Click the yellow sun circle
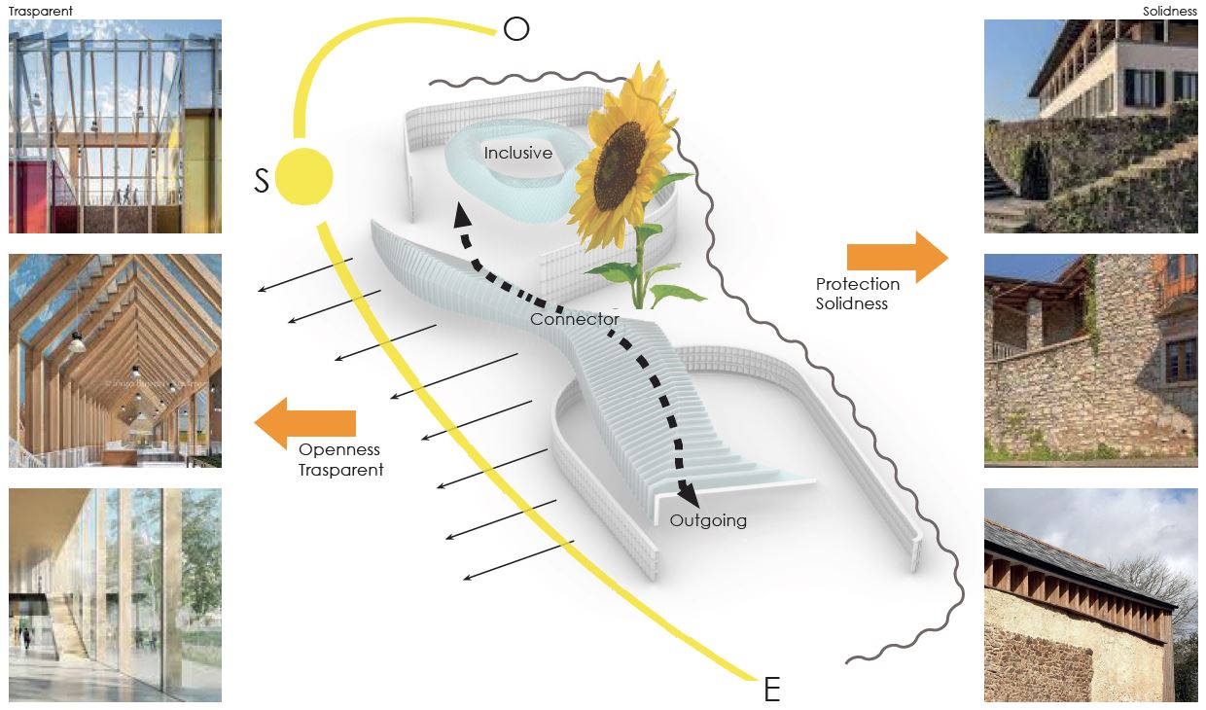click(x=304, y=177)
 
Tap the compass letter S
click(x=261, y=181)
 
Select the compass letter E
click(x=772, y=689)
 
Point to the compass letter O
click(x=516, y=28)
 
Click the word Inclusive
click(x=518, y=153)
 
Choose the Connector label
click(x=575, y=319)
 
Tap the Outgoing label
click(x=708, y=520)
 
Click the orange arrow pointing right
click(x=898, y=258)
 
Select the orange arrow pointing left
click(x=304, y=423)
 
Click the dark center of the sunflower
click(x=620, y=166)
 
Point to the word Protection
click(x=858, y=284)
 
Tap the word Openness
click(x=339, y=449)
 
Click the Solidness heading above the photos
click(x=1169, y=11)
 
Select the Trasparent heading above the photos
click(x=41, y=11)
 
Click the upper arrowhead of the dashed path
click(x=462, y=216)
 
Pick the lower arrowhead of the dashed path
click(x=689, y=495)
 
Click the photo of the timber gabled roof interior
click(x=115, y=361)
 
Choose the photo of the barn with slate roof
click(x=1091, y=595)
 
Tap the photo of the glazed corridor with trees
click(x=115, y=595)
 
